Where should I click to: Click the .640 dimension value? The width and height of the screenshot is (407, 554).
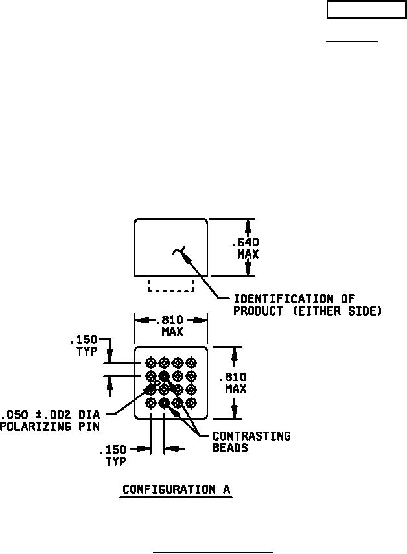(x=245, y=242)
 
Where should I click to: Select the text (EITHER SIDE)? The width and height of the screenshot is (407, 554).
(x=338, y=311)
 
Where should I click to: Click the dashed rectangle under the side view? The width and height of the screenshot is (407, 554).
(x=170, y=291)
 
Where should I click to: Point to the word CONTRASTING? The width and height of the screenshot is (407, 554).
(x=251, y=436)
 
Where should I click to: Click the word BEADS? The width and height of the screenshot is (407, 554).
(x=230, y=448)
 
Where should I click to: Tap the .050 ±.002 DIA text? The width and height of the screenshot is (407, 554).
(x=50, y=415)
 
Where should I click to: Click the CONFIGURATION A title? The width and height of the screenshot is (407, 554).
(x=176, y=489)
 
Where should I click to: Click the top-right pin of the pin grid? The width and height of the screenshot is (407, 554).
(x=191, y=362)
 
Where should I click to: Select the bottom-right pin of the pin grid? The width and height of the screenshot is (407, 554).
(x=191, y=403)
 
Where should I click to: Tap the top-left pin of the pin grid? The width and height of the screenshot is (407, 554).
(x=151, y=362)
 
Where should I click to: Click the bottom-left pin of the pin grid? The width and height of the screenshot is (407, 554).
(x=151, y=403)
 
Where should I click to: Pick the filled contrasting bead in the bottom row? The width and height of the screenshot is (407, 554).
(x=164, y=403)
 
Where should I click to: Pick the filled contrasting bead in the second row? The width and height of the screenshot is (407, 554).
(x=164, y=376)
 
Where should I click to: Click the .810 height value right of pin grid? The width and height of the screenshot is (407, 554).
(x=233, y=377)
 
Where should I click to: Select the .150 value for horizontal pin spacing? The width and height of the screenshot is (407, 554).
(x=112, y=450)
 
